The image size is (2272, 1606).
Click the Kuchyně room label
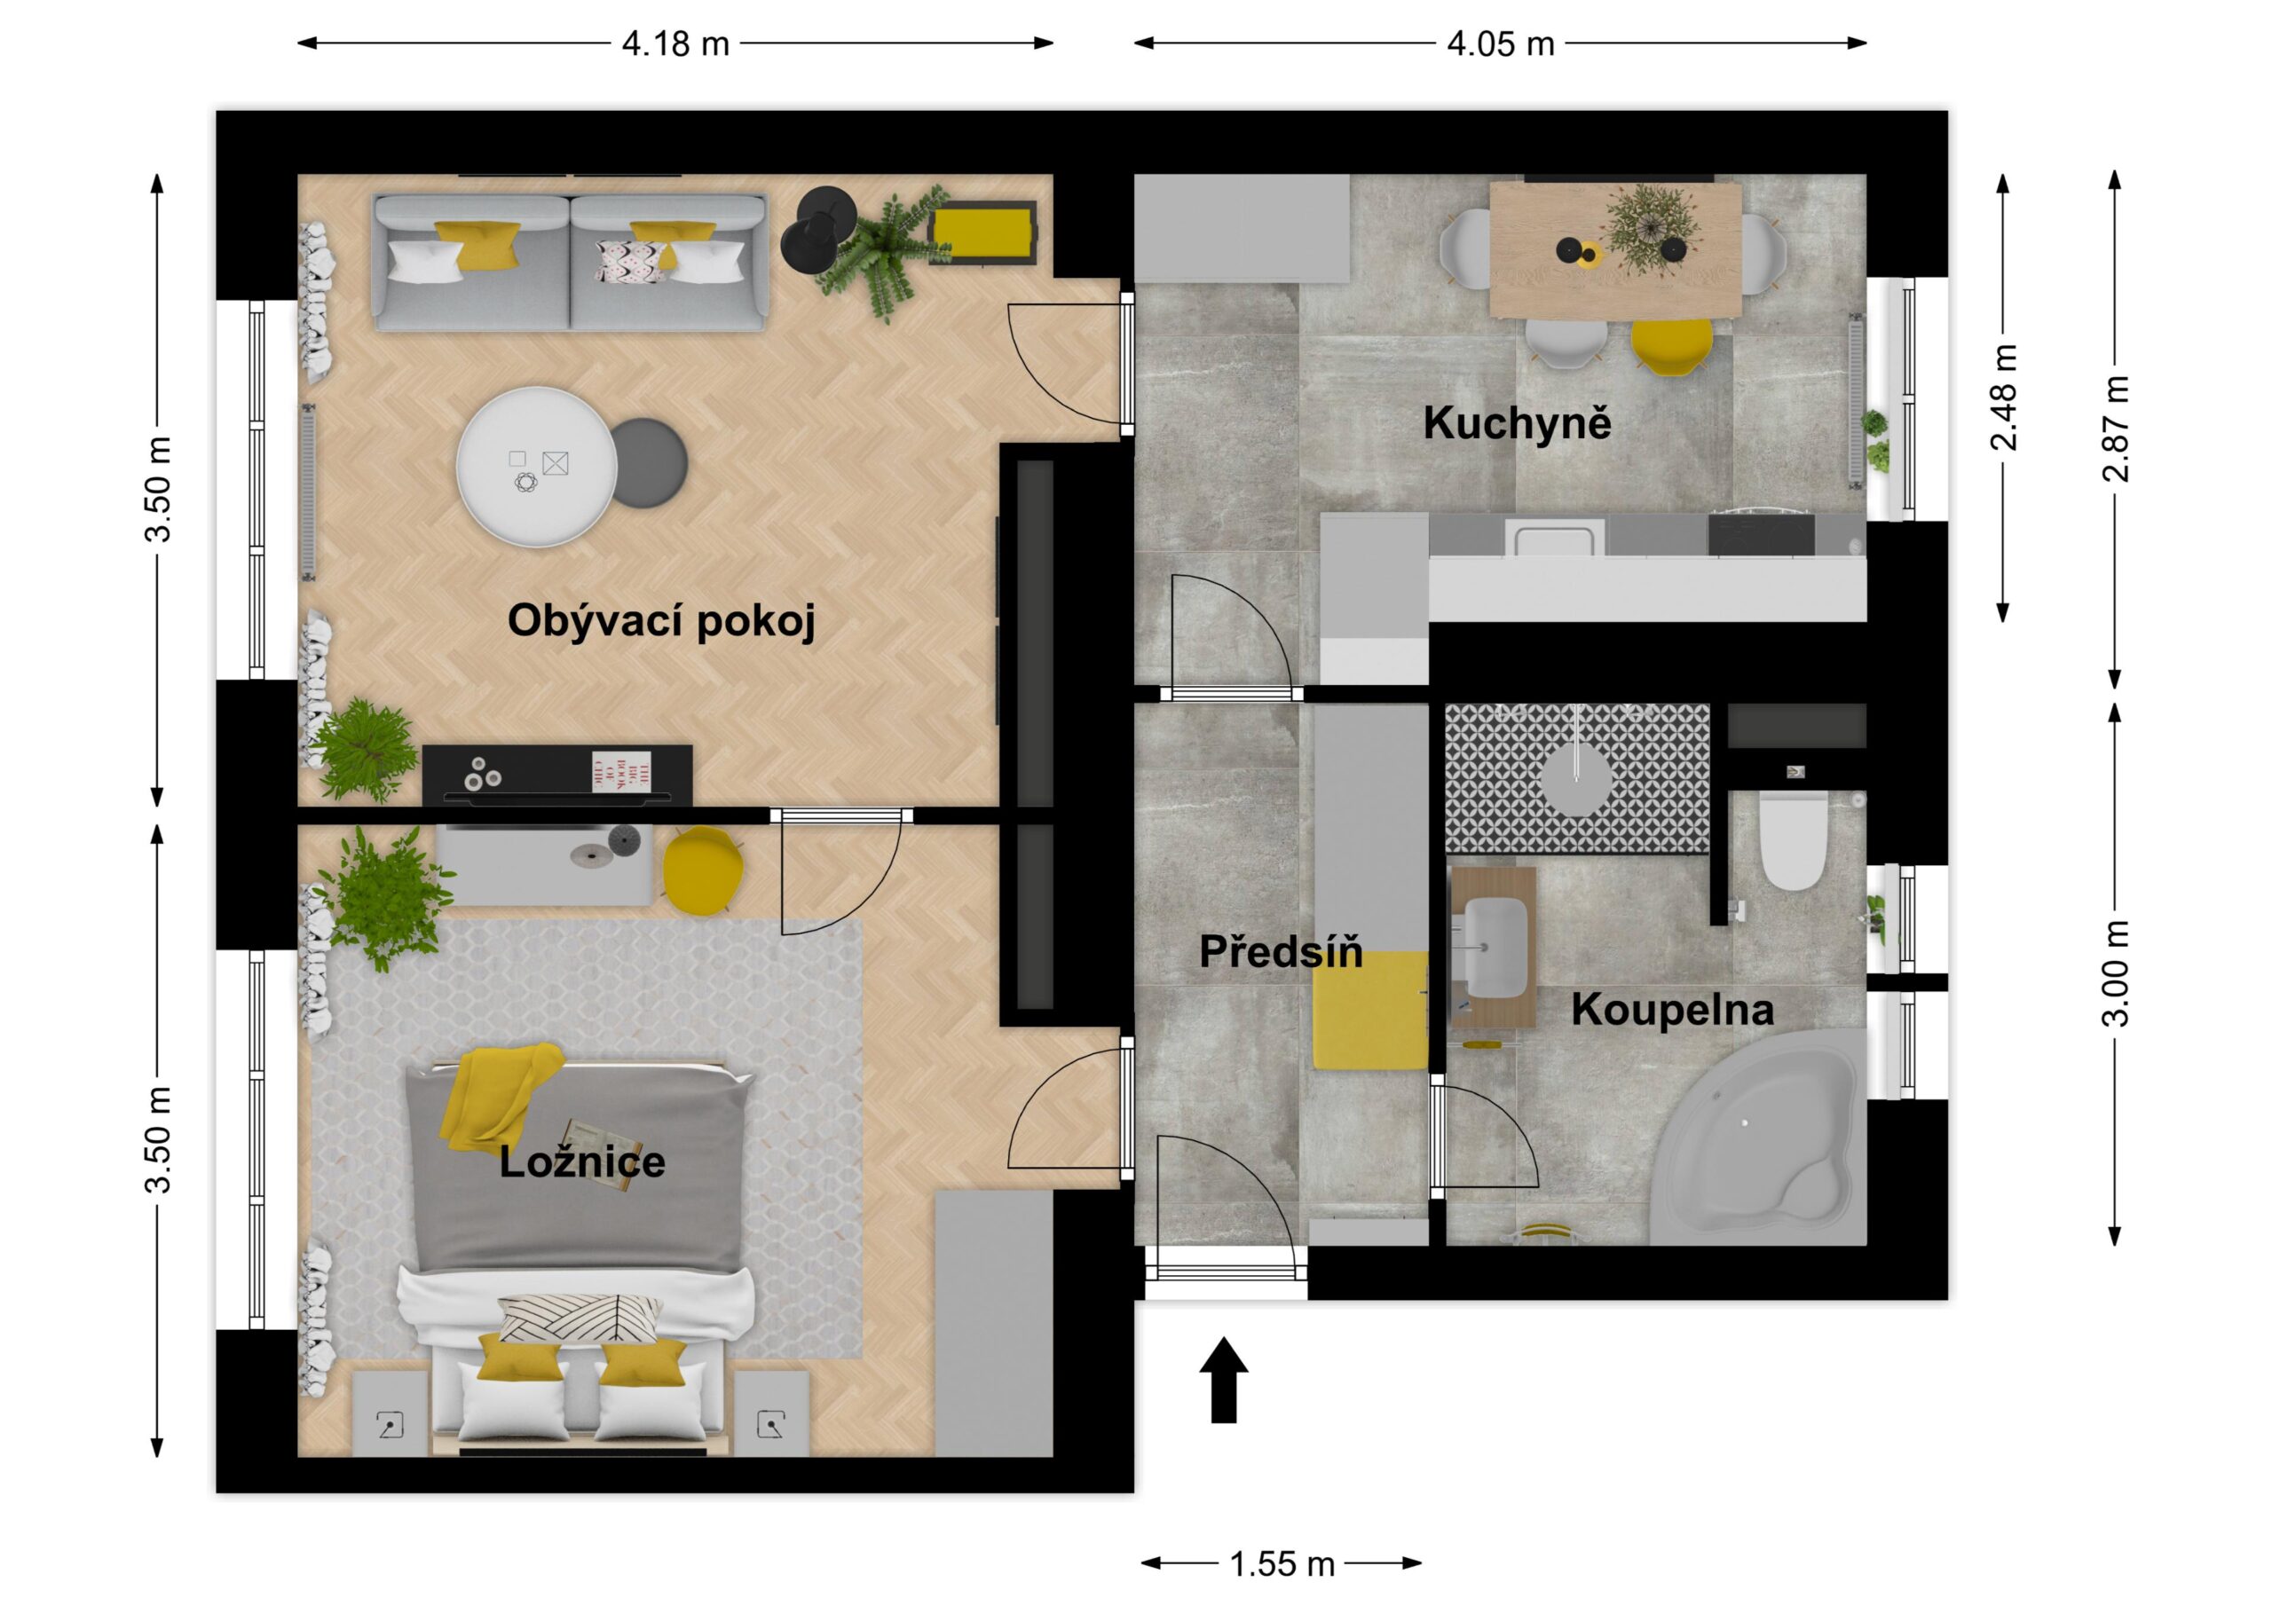pyautogui.click(x=1517, y=422)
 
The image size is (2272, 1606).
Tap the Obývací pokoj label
pyautogui.click(x=661, y=621)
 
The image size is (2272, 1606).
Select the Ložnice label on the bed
pyautogui.click(x=582, y=1161)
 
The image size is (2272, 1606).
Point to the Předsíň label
pyautogui.click(x=1281, y=951)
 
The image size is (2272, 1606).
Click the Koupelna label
pyautogui.click(x=1672, y=1010)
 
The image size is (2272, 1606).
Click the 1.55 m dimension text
pyautogui.click(x=1282, y=1563)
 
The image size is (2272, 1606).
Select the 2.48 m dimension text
pyautogui.click(x=2003, y=397)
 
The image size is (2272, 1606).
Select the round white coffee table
pyautogui.click(x=536, y=466)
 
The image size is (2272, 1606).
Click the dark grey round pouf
pyautogui.click(x=649, y=463)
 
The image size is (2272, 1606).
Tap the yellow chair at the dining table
pyautogui.click(x=1670, y=345)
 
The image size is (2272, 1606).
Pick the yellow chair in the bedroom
pyautogui.click(x=703, y=868)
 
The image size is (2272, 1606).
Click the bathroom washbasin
pyautogui.click(x=1495, y=948)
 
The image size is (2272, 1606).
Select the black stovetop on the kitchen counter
pyautogui.click(x=1762, y=534)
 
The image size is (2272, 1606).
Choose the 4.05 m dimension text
pyautogui.click(x=1500, y=43)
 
